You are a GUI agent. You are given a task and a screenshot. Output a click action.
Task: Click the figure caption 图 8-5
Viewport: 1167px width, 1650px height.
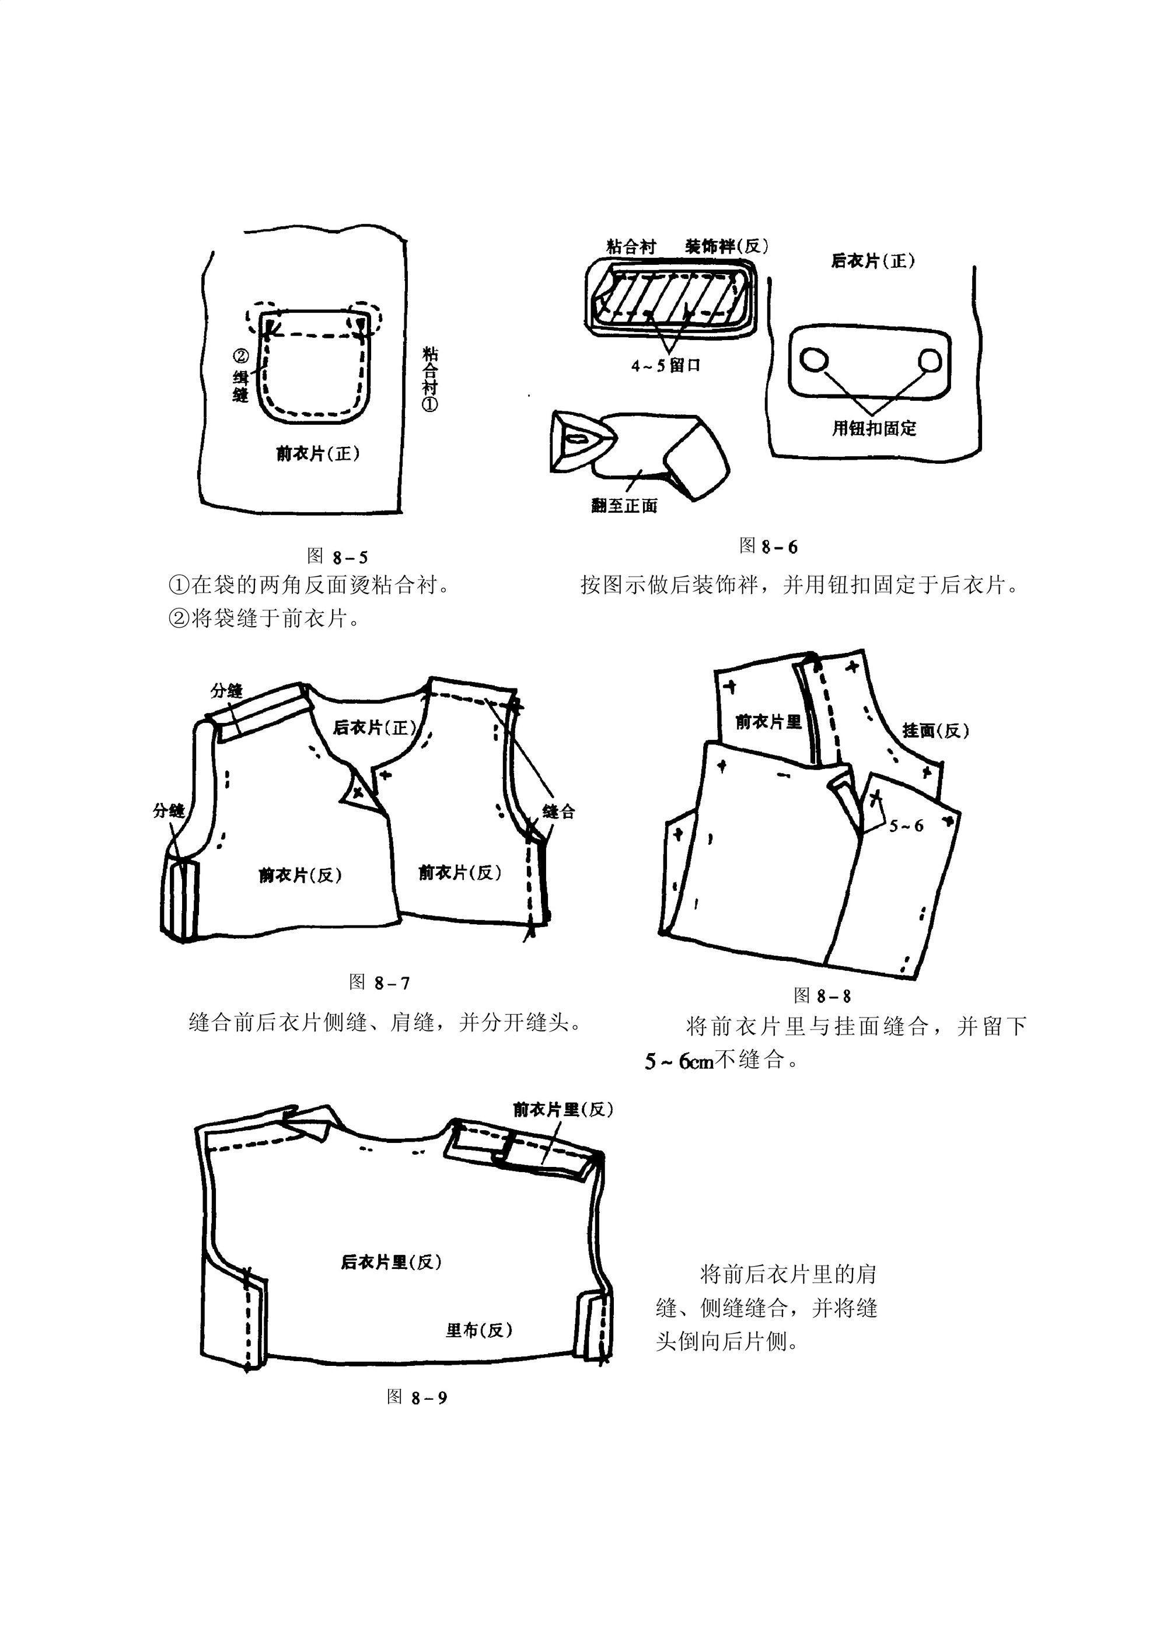[x=337, y=556]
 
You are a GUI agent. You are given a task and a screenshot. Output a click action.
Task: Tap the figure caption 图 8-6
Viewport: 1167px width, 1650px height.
[x=768, y=547]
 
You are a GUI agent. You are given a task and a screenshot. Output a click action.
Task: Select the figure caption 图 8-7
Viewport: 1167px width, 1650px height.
[x=379, y=983]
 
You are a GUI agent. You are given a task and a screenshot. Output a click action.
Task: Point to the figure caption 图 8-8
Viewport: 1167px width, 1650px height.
[x=822, y=995]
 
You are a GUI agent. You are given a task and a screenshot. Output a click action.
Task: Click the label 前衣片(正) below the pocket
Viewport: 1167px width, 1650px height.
[x=317, y=453]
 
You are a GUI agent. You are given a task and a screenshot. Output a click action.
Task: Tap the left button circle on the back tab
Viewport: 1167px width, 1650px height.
[x=813, y=359]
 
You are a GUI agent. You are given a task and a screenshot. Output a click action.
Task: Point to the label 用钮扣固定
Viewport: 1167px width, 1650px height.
[x=874, y=428]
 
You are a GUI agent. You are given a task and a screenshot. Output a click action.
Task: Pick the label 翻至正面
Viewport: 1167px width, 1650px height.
[x=624, y=506]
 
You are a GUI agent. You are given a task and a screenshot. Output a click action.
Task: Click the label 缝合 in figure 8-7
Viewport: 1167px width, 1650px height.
[x=558, y=812]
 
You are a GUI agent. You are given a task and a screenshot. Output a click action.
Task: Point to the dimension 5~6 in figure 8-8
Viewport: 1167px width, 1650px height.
[x=906, y=826]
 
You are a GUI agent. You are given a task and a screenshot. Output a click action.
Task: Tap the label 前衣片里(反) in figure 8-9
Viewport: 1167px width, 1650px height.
[x=562, y=1110]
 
